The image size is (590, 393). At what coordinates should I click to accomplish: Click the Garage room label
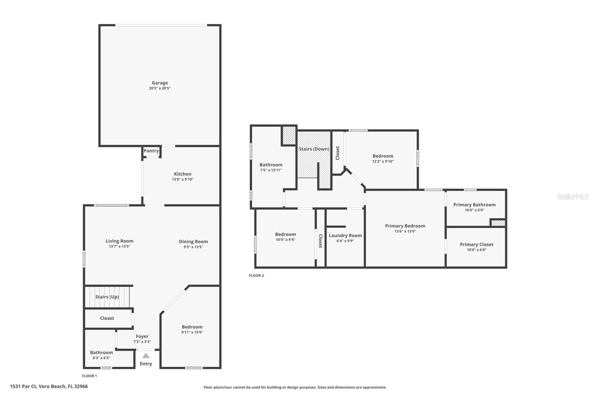[x=160, y=83]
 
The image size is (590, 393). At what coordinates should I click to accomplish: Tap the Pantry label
[x=151, y=151]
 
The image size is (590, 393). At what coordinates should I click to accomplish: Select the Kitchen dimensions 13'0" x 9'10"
[x=183, y=180]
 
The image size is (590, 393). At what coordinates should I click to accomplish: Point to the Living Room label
[x=119, y=241]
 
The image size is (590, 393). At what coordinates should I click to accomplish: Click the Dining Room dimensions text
[x=193, y=247]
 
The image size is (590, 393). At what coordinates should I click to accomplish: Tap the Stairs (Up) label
[x=107, y=297]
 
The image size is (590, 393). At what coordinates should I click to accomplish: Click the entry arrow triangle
[x=146, y=356]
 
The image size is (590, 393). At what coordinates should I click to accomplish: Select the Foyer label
[x=142, y=336]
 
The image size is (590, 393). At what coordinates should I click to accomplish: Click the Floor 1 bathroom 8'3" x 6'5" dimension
[x=101, y=358]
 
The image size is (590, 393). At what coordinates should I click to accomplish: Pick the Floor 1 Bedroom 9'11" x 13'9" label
[x=192, y=327]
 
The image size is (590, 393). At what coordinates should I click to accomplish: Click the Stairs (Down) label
[x=314, y=149]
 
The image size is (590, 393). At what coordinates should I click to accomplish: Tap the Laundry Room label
[x=345, y=236]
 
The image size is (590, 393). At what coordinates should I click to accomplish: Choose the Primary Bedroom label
[x=405, y=226]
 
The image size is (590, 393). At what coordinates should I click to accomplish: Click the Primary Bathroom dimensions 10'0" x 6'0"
[x=474, y=210]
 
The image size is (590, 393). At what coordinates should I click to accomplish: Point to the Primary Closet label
[x=476, y=244]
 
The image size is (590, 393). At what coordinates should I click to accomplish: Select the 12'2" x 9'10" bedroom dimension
[x=383, y=161]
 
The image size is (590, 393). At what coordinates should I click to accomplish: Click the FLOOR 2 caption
[x=256, y=275]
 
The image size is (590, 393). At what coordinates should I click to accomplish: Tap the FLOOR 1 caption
[x=89, y=376]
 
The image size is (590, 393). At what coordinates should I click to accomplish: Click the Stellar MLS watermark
[x=572, y=196]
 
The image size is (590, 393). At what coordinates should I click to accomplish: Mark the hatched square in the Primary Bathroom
[x=498, y=223]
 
